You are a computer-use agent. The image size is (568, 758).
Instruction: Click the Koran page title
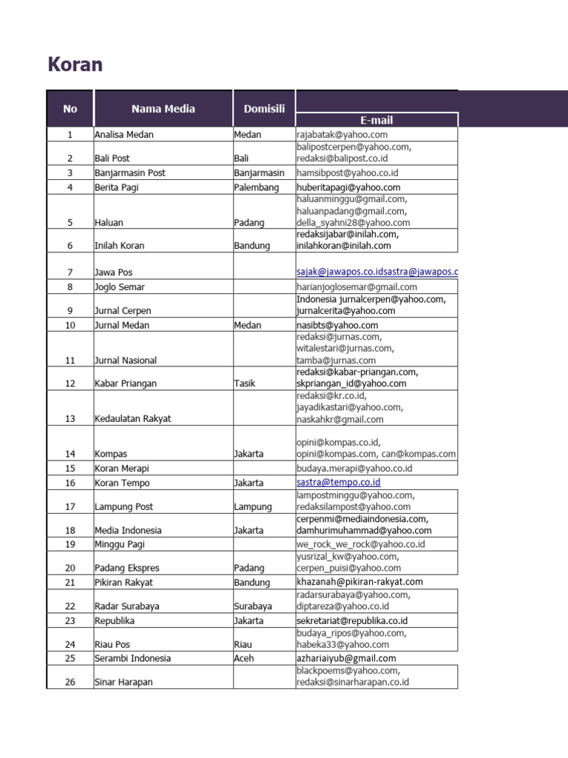pyautogui.click(x=75, y=65)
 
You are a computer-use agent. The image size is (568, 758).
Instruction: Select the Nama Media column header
pyautogui.click(x=163, y=109)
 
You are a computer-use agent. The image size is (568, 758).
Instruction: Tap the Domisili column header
pyautogui.click(x=264, y=109)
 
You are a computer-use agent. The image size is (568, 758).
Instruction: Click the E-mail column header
pyautogui.click(x=376, y=120)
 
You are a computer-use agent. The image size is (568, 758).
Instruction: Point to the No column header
pyautogui.click(x=70, y=109)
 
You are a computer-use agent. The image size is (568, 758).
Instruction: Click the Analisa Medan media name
pyautogui.click(x=124, y=135)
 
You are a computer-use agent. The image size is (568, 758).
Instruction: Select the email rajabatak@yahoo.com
pyautogui.click(x=342, y=135)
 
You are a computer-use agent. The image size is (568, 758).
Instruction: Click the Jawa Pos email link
pyautogui.click(x=376, y=272)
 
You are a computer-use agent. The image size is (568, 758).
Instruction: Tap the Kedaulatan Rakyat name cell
pyautogui.click(x=132, y=418)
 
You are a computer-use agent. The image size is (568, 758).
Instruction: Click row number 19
pyautogui.click(x=70, y=544)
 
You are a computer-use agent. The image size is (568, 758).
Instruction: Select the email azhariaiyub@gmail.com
pyautogui.click(x=346, y=658)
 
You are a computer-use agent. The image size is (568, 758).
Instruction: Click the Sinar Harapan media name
pyautogui.click(x=124, y=682)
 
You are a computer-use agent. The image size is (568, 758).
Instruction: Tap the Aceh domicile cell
pyautogui.click(x=244, y=658)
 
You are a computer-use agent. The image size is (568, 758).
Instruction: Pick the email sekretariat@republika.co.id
pyautogui.click(x=352, y=620)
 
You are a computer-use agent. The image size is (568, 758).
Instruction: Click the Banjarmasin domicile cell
pyautogui.click(x=259, y=172)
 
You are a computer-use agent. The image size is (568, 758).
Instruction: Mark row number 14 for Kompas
pyautogui.click(x=70, y=454)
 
